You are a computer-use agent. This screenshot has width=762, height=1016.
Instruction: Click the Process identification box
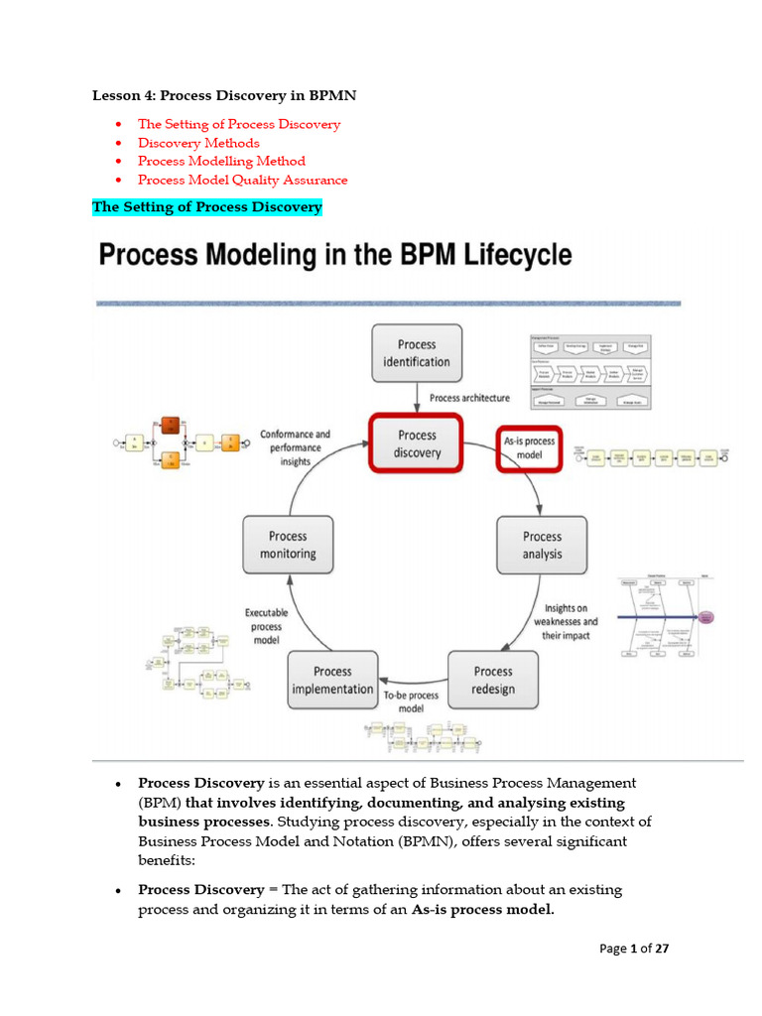tap(417, 353)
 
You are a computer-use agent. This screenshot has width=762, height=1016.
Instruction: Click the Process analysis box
tap(542, 545)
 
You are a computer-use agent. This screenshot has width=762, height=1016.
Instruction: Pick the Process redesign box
tap(493, 680)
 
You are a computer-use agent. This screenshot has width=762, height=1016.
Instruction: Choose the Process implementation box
tap(332, 680)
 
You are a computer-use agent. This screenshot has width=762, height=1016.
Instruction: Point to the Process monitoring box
tap(288, 545)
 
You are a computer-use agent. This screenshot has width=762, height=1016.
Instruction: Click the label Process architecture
tap(469, 398)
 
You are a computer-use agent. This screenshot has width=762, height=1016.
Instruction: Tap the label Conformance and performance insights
tap(296, 447)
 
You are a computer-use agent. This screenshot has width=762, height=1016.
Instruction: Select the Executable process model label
tap(266, 627)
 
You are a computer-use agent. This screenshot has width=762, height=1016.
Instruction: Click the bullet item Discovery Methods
tap(198, 143)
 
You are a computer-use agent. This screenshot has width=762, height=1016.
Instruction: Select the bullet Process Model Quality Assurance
tap(242, 180)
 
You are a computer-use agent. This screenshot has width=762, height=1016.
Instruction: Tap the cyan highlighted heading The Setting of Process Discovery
tap(207, 206)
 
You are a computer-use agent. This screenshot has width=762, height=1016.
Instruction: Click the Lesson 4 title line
tap(224, 95)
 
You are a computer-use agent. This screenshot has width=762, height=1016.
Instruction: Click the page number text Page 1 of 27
tap(635, 949)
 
